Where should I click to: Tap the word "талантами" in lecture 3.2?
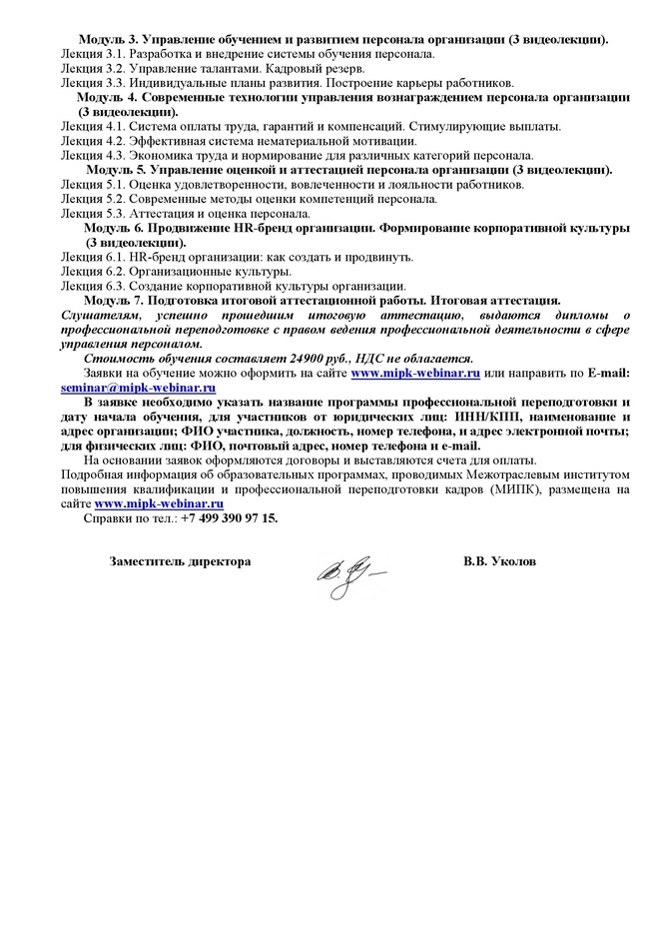(207, 68)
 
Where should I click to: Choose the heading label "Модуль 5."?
(118, 170)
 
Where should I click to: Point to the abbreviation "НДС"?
(369, 359)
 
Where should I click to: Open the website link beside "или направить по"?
(414, 374)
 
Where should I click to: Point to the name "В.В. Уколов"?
(499, 562)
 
